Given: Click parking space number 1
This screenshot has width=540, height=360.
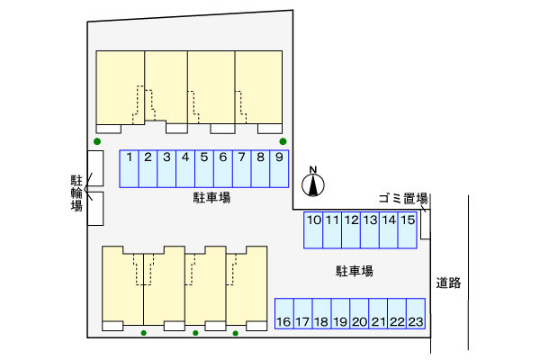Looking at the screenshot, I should pyautogui.click(x=130, y=168).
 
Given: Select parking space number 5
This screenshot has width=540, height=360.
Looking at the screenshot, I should pyautogui.click(x=204, y=168).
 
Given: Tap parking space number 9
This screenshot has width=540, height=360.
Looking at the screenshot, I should pyautogui.click(x=279, y=168).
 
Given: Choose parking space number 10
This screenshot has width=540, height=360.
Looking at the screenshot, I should pyautogui.click(x=314, y=229).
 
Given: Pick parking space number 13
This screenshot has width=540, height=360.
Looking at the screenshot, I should pyautogui.click(x=370, y=229).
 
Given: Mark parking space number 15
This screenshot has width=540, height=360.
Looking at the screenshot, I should pyautogui.click(x=408, y=229).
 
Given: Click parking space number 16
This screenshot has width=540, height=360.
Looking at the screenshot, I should pyautogui.click(x=283, y=313).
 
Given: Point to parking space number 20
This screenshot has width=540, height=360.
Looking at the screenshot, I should pyautogui.click(x=359, y=313).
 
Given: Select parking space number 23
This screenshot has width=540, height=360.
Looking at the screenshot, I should pyautogui.click(x=415, y=313).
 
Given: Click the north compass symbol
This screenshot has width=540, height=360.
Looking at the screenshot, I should pyautogui.click(x=313, y=183).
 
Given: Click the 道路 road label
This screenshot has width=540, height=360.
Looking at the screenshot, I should pyautogui.click(x=448, y=283).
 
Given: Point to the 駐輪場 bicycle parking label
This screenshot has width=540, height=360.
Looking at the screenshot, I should pyautogui.click(x=76, y=193).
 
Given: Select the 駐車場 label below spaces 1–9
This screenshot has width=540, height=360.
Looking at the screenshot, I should pyautogui.click(x=211, y=196).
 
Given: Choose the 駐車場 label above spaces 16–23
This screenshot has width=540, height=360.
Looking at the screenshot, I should pyautogui.click(x=355, y=270).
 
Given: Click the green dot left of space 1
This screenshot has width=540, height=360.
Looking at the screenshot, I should pyautogui.click(x=97, y=141).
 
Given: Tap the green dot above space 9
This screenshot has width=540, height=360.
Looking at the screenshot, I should pyautogui.click(x=283, y=141).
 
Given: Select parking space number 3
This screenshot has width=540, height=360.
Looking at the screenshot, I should pyautogui.click(x=166, y=168).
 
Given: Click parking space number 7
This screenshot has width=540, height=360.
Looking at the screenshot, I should pyautogui.click(x=241, y=168).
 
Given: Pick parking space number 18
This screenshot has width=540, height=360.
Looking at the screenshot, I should pyautogui.click(x=321, y=313).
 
